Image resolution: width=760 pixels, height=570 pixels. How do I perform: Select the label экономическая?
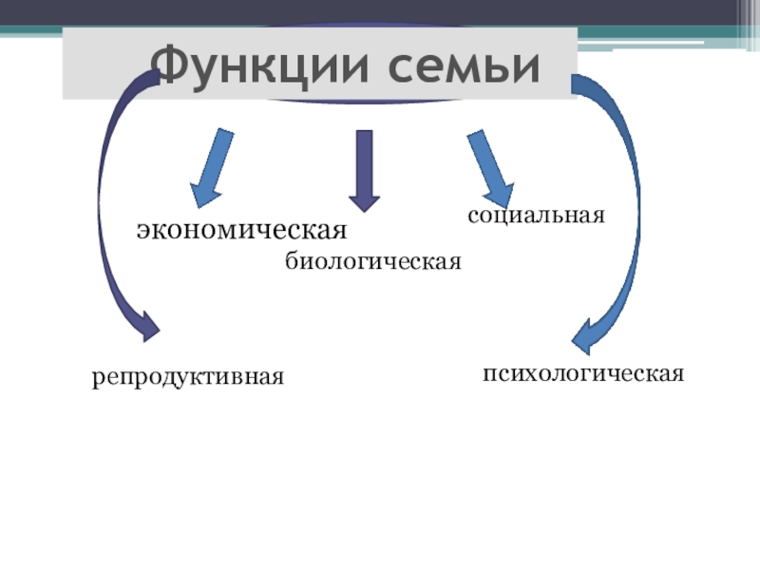pyautogui.click(x=240, y=230)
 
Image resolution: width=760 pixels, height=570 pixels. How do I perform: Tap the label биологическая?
pyautogui.click(x=372, y=260)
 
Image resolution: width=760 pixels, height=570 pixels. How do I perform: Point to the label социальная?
pyautogui.click(x=536, y=215)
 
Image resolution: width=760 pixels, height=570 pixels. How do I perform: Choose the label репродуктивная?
pyautogui.click(x=188, y=377)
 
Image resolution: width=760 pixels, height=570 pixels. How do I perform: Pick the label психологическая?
pyautogui.click(x=583, y=371)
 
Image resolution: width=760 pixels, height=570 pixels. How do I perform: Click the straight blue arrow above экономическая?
pyautogui.click(x=213, y=167)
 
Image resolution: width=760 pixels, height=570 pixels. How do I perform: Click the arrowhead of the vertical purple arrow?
pyautogui.click(x=364, y=199)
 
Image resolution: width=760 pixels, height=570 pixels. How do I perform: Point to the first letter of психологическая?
pyautogui.click(x=488, y=371)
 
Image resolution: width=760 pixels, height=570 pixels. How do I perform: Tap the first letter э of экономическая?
pyautogui.click(x=142, y=231)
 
